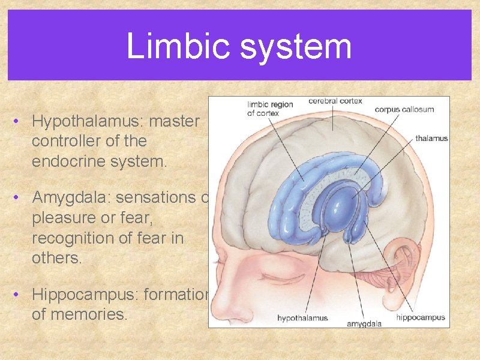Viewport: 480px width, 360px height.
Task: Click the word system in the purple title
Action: pyautogui.click(x=296, y=47)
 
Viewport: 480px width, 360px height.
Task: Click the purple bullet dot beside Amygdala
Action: pyautogui.click(x=16, y=197)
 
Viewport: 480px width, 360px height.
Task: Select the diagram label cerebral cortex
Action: pyautogui.click(x=335, y=101)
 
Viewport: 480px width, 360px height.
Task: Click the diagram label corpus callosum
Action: pyautogui.click(x=404, y=110)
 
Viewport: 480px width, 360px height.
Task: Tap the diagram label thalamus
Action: pyautogui.click(x=431, y=139)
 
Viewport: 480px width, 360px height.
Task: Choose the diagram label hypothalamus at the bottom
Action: pyautogui.click(x=302, y=319)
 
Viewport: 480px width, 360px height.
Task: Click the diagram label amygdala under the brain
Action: pyautogui.click(x=364, y=324)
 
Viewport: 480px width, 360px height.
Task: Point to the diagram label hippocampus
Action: pyautogui.click(x=421, y=317)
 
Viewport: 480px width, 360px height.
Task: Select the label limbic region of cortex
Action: pyautogui.click(x=270, y=109)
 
